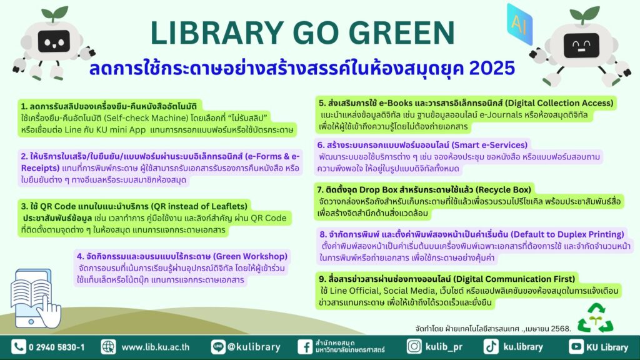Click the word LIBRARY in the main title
pyautogui.click(x=217, y=32)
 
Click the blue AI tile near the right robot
pyautogui.click(x=519, y=24)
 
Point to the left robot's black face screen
pyautogui.click(x=54, y=41)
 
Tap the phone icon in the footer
pyautogui.click(x=18, y=347)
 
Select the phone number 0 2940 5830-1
pyautogui.click(x=57, y=347)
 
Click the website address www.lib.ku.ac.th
pyautogui.click(x=156, y=347)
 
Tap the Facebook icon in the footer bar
pyautogui.click(x=305, y=347)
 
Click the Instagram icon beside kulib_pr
pyautogui.click(x=414, y=346)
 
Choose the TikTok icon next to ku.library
pyautogui.click(x=491, y=346)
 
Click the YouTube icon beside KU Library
pyautogui.click(x=576, y=346)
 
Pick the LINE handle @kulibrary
pyautogui.click(x=254, y=347)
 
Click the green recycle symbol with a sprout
pyautogui.click(x=596, y=318)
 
